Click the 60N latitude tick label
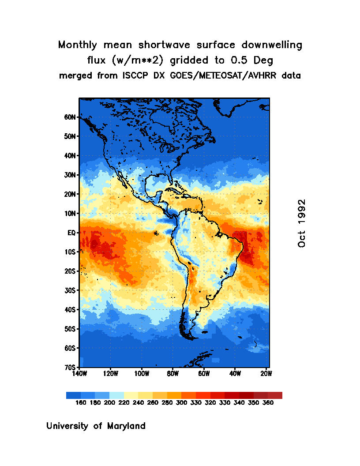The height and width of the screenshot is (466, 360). (70, 117)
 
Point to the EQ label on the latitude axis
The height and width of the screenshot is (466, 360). (72, 233)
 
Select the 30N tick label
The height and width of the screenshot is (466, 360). (70, 175)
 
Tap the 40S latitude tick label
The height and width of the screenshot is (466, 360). (70, 310)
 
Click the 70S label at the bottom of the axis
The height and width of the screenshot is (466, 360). (70, 367)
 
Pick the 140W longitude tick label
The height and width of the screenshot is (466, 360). (79, 374)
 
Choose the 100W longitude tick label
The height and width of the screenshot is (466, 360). (141, 374)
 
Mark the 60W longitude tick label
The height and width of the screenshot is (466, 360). (203, 374)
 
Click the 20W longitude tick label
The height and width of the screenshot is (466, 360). (266, 374)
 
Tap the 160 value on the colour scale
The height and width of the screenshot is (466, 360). (81, 403)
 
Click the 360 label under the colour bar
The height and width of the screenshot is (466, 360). (268, 403)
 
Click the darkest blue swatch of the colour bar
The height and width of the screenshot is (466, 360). (73, 395)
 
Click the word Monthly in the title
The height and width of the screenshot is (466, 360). (78, 45)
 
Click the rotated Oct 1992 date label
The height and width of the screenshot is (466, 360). (302, 223)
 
